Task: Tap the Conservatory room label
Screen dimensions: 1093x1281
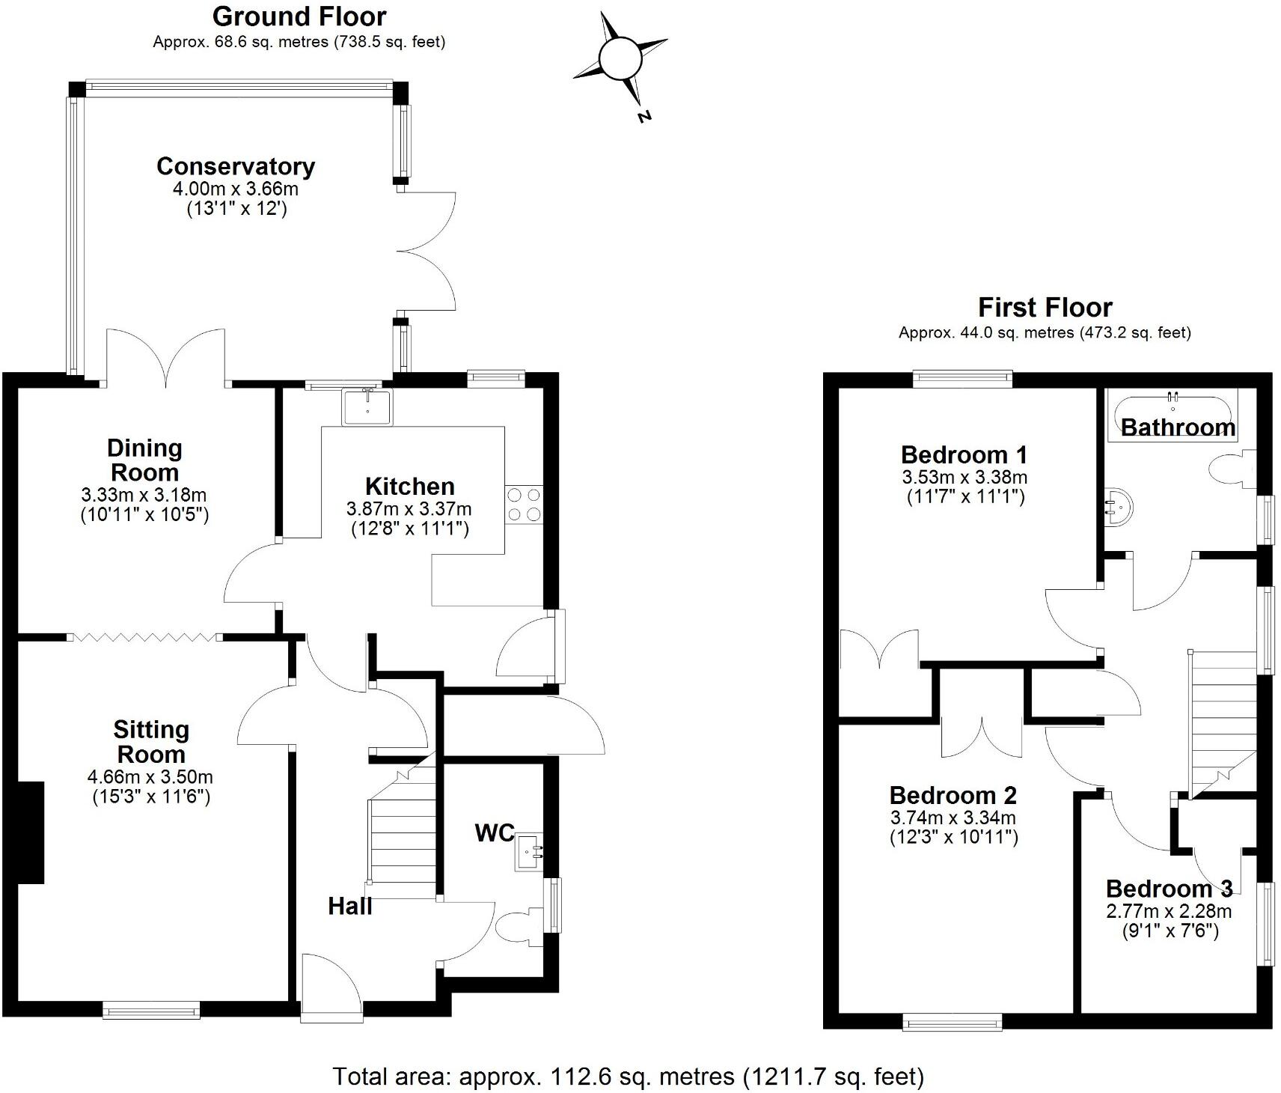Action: pyautogui.click(x=235, y=166)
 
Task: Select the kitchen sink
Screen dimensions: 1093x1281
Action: pyautogui.click(x=367, y=407)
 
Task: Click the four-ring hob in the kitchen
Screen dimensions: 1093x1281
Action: pyautogui.click(x=524, y=505)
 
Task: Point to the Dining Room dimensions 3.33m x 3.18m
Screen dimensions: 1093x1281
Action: pyautogui.click(x=144, y=495)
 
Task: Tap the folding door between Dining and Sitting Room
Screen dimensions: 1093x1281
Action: pyautogui.click(x=144, y=637)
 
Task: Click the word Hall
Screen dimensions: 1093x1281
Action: pyautogui.click(x=349, y=907)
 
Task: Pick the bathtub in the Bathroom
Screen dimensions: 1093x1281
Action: pyautogui.click(x=1172, y=414)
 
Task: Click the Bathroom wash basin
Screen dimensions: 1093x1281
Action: pyautogui.click(x=1119, y=508)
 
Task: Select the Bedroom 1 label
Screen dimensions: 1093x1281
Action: pyautogui.click(x=964, y=454)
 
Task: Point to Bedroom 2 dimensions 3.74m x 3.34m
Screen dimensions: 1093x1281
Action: pyautogui.click(x=953, y=818)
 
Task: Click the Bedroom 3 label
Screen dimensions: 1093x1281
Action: pyautogui.click(x=1168, y=889)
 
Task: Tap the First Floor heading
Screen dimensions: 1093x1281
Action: pyautogui.click(x=1045, y=308)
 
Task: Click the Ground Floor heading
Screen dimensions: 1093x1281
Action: pyautogui.click(x=299, y=16)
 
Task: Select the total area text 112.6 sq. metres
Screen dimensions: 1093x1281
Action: pyautogui.click(x=629, y=1077)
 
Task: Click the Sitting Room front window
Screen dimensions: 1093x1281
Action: pyautogui.click(x=151, y=1011)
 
